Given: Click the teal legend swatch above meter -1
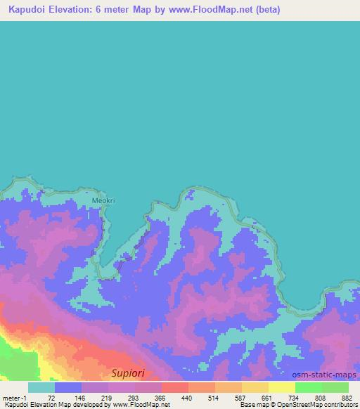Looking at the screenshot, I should [41, 387].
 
